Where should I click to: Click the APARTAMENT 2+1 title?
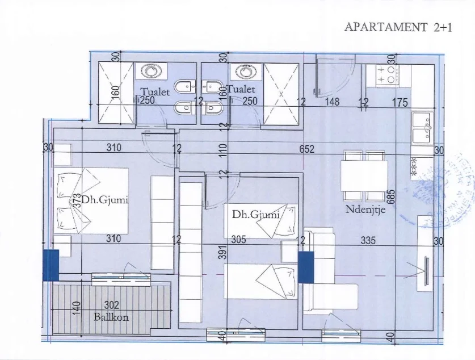[x=398, y=27]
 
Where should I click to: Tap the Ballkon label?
[x=111, y=317]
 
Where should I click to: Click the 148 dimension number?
[x=332, y=102]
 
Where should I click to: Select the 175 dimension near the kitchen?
[x=401, y=102]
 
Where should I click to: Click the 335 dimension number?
[x=369, y=240]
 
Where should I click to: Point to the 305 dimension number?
[x=238, y=240]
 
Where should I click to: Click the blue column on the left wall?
[x=51, y=265]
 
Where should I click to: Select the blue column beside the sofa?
[x=306, y=266]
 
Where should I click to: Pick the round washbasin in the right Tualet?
[x=245, y=72]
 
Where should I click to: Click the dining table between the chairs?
[x=364, y=177]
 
